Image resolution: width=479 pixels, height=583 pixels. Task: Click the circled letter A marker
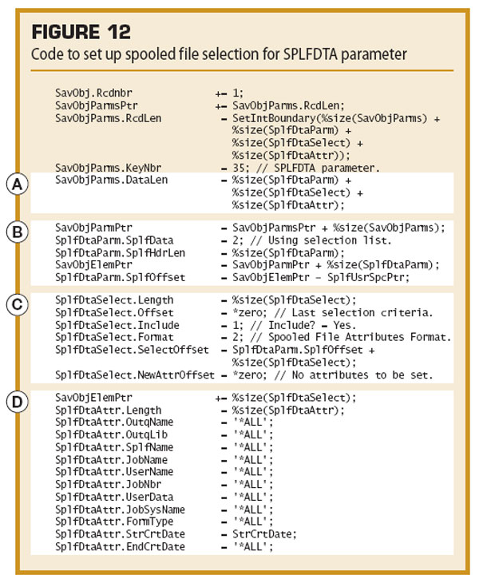(17, 184)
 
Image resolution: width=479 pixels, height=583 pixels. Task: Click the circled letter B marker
(17, 232)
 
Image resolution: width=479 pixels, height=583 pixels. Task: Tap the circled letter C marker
(17, 304)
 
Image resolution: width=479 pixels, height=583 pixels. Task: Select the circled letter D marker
(17, 402)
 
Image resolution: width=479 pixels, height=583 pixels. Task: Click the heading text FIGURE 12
(81, 32)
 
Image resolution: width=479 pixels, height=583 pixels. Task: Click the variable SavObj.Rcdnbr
(93, 93)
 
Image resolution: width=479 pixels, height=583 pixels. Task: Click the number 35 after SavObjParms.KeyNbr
(239, 168)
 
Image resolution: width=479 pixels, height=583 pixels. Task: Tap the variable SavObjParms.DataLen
(112, 180)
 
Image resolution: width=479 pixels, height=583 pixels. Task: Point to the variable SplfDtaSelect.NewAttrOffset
(135, 375)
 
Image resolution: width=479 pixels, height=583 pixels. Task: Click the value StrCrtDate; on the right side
(264, 534)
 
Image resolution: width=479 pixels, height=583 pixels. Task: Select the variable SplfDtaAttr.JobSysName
(120, 510)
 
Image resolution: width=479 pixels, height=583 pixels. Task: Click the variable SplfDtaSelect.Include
(117, 325)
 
